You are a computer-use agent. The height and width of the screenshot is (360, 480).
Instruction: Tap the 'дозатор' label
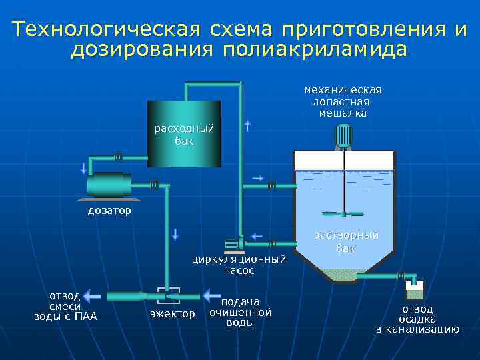click(109, 211)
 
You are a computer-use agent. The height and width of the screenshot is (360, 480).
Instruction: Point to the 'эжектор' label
click(173, 313)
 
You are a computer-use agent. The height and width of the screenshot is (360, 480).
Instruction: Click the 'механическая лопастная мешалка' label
click(342, 101)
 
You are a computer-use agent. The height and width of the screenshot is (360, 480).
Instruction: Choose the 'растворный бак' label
click(346, 241)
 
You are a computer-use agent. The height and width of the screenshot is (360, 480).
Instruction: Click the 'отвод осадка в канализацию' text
click(417, 319)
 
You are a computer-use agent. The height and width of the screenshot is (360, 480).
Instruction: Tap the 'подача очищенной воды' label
click(240, 312)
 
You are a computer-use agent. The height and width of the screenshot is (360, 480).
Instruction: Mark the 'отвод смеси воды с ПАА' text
click(65, 306)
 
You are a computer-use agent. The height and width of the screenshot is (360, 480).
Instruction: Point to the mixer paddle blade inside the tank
click(343, 214)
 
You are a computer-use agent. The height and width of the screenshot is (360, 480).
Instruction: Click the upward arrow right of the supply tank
click(247, 126)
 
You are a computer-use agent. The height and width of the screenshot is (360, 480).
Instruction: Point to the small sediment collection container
click(415, 290)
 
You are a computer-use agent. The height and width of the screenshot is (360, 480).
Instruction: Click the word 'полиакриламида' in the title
click(314, 50)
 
